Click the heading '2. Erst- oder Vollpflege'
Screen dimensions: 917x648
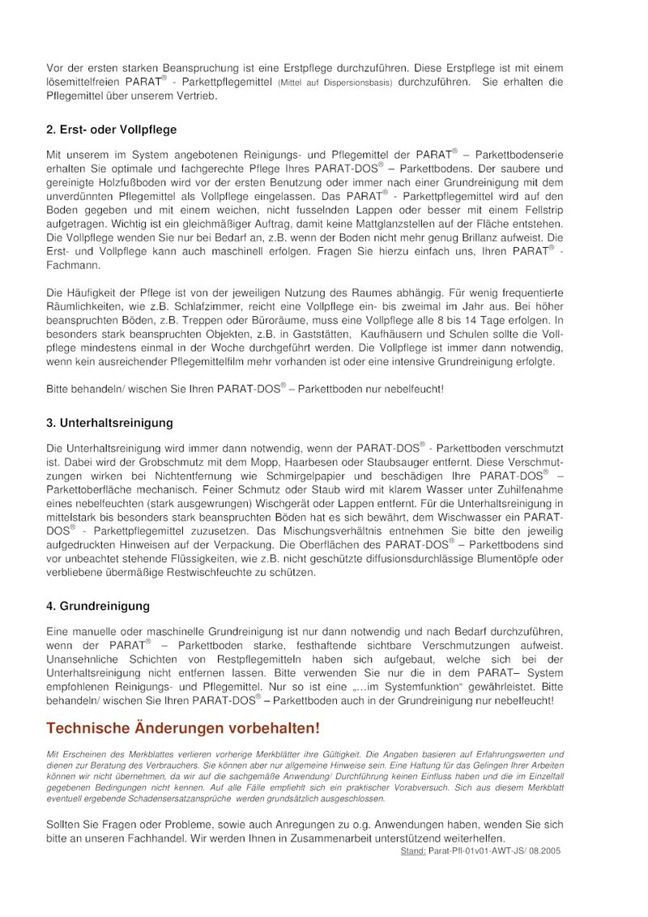112,130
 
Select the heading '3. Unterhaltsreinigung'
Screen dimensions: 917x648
109,423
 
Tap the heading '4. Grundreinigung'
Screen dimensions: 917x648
98,606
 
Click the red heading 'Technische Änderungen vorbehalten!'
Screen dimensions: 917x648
183,728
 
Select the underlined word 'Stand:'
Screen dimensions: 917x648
412,851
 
